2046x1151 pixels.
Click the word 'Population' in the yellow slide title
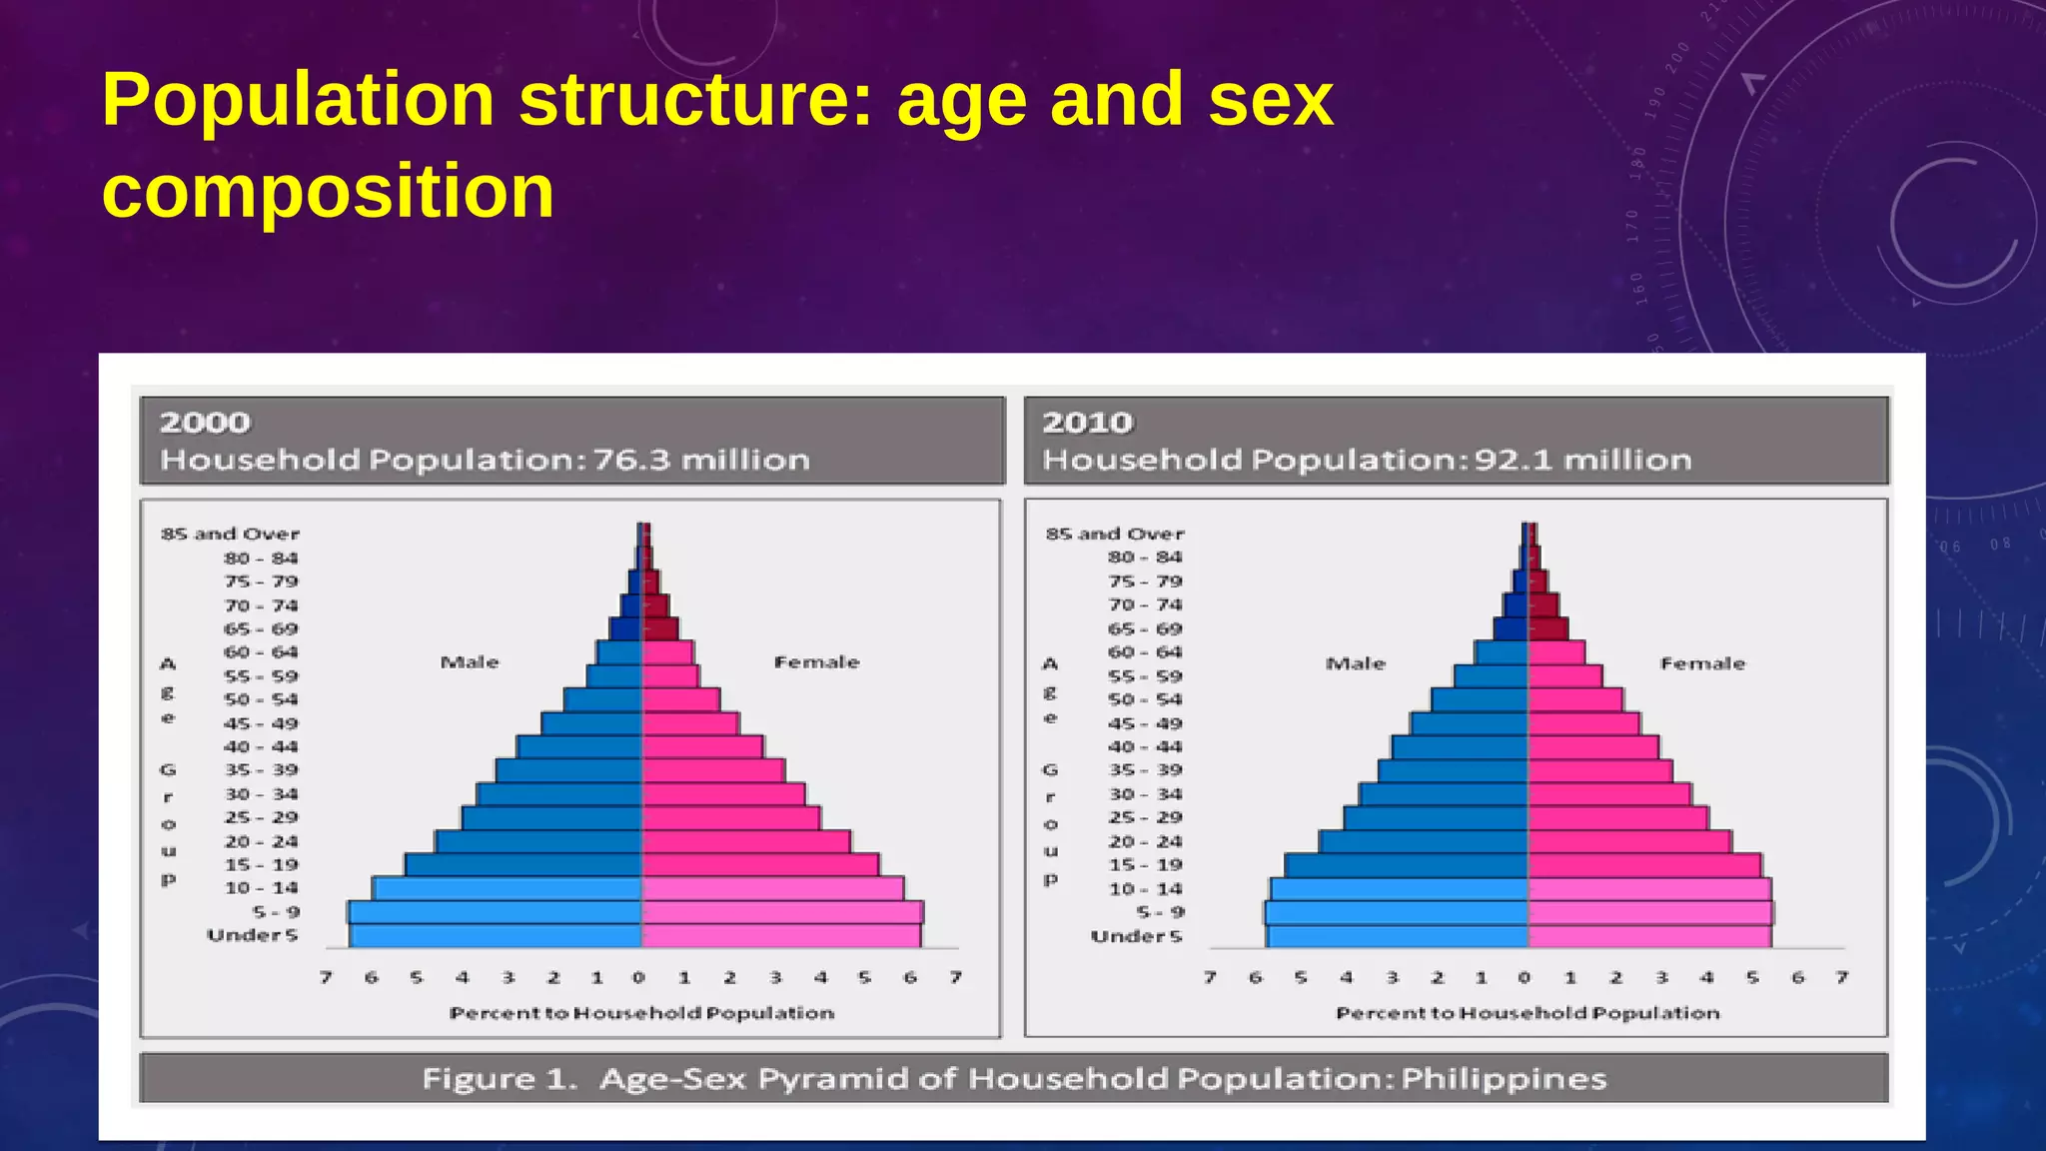click(x=298, y=102)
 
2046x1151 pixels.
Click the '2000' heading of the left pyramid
click(x=205, y=423)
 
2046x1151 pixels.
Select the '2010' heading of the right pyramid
click(x=1088, y=423)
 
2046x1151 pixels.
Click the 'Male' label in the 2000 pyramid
click(x=470, y=662)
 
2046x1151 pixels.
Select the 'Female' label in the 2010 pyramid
click(x=1702, y=663)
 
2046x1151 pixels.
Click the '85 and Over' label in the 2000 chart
click(x=230, y=534)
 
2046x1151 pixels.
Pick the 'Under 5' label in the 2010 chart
click(x=1136, y=936)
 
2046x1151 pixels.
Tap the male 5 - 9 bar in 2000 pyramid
click(x=495, y=912)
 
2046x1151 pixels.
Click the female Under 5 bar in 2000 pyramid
click(x=780, y=936)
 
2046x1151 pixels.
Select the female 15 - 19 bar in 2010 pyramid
click(x=1643, y=865)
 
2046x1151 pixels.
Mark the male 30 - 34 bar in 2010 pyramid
click(x=1444, y=794)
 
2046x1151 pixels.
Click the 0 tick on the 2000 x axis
click(x=639, y=977)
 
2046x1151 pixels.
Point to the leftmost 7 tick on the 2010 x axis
click(x=1210, y=977)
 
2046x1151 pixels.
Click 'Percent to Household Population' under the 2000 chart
click(x=641, y=1013)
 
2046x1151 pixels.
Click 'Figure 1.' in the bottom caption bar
click(x=500, y=1079)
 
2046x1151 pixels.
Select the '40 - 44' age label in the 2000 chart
click(x=261, y=746)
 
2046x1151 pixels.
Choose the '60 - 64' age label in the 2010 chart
click(x=1145, y=652)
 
